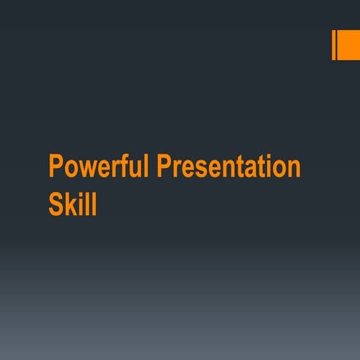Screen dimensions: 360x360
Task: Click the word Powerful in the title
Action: (x=100, y=167)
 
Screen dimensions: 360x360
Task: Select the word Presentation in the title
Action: (x=229, y=167)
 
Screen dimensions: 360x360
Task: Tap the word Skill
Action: (x=73, y=204)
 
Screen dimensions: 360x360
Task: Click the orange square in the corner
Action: (x=348, y=46)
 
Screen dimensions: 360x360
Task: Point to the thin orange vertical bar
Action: (x=334, y=46)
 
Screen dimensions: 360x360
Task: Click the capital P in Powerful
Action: (x=55, y=166)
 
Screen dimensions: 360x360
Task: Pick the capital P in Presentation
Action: (x=164, y=166)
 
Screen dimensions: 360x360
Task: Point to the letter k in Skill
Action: (x=72, y=204)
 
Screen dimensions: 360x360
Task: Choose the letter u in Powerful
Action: (x=133, y=169)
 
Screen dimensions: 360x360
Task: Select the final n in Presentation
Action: (x=293, y=169)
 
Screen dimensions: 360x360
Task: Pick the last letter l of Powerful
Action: (x=146, y=166)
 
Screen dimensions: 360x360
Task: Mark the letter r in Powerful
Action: (x=112, y=169)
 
